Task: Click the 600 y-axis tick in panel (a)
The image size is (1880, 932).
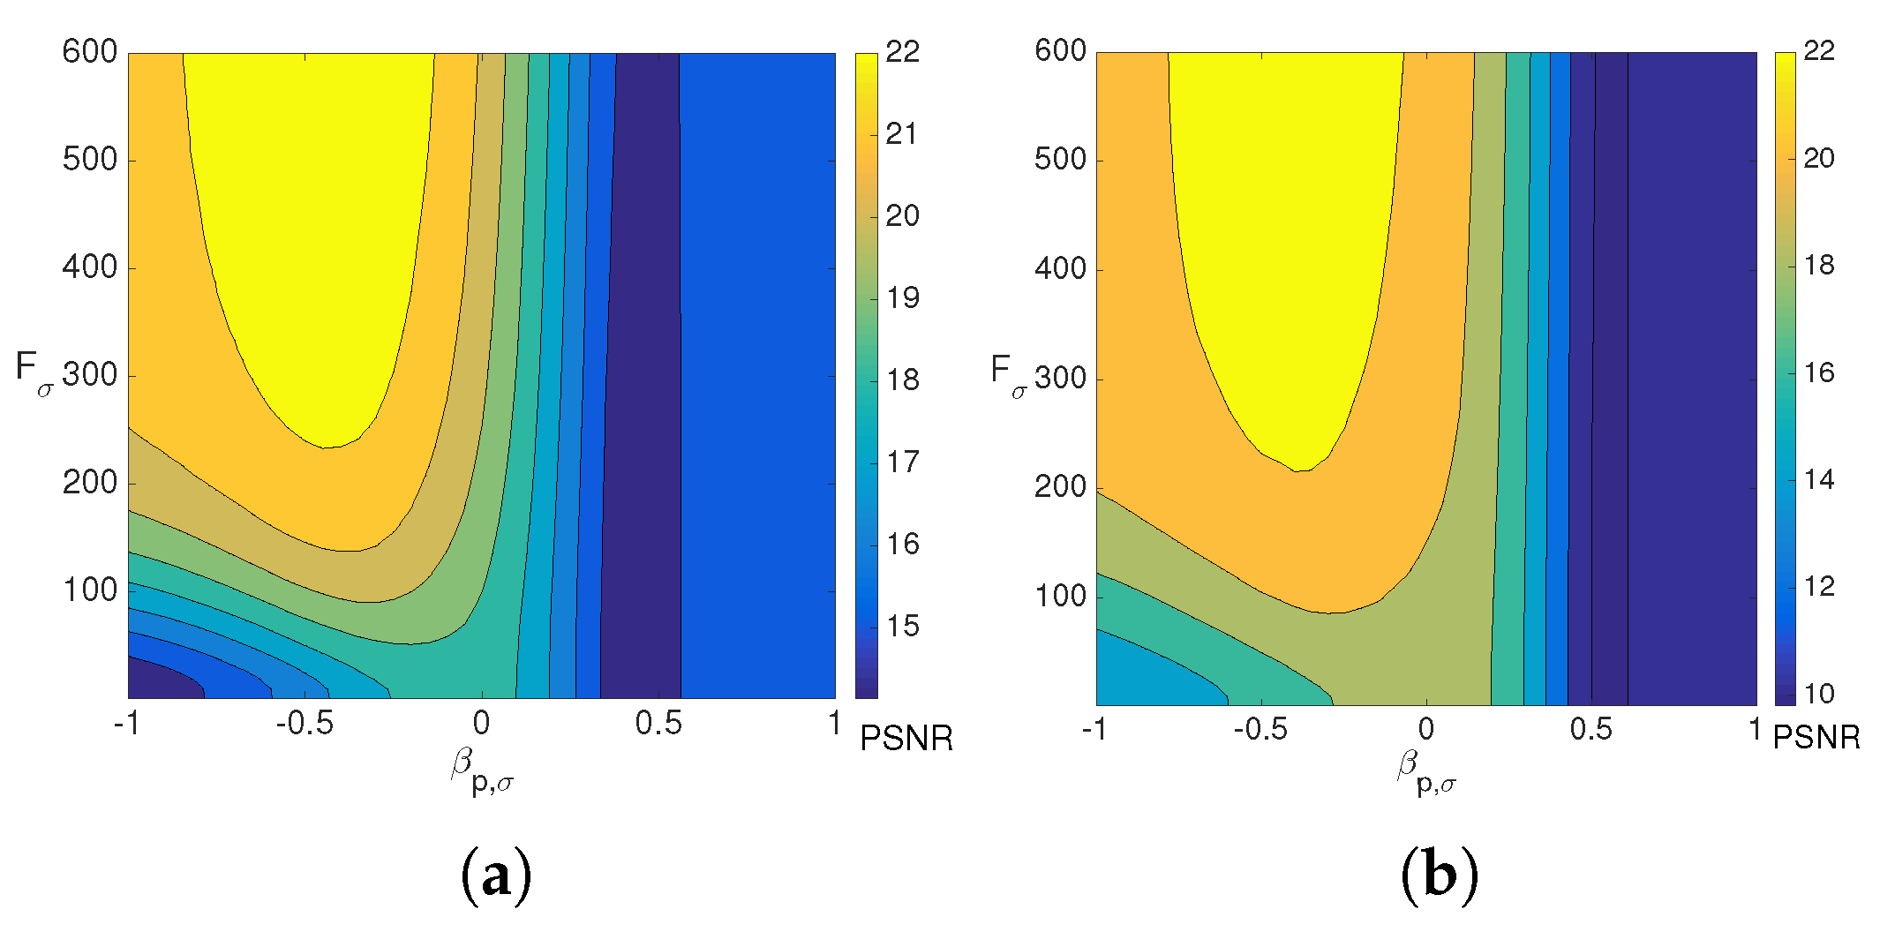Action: [x=89, y=52]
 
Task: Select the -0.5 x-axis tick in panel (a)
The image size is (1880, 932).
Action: [x=305, y=724]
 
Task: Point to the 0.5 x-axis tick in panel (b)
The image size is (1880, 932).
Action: [x=1590, y=730]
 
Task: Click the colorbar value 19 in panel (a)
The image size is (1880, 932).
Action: [x=903, y=298]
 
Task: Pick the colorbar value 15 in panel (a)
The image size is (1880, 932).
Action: [x=903, y=627]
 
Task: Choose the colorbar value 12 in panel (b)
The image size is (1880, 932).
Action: [x=1818, y=587]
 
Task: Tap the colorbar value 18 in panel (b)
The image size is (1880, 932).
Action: [x=1818, y=265]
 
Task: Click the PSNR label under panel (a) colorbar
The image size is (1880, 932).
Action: [x=906, y=738]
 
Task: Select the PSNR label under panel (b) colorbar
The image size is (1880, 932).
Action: [x=1816, y=737]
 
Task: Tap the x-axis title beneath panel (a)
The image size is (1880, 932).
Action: [x=482, y=770]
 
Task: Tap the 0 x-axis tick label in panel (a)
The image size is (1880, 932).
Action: [x=481, y=724]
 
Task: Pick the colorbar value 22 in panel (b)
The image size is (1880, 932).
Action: [x=1818, y=51]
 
